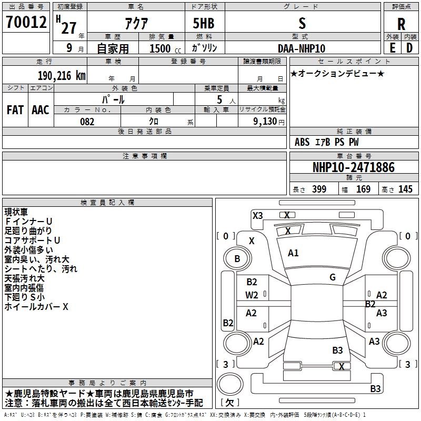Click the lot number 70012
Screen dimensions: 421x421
26,22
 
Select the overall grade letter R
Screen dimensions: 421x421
401,24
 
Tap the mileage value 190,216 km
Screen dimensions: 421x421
62,76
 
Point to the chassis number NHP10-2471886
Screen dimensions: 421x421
354,167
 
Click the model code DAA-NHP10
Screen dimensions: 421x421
302,48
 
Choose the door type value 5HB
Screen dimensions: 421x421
204,23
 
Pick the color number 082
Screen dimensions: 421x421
87,122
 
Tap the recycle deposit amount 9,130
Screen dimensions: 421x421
265,122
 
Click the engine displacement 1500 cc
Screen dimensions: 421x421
165,48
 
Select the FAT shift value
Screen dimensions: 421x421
15,110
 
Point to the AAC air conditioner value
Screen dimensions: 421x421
41,110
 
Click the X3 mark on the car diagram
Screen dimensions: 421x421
257,215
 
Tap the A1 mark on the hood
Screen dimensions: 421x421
293,253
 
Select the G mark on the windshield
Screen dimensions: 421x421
333,277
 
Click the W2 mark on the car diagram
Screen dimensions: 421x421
252,295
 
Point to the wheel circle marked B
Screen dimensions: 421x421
237,259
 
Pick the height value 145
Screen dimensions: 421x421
405,189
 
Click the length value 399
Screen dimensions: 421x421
319,189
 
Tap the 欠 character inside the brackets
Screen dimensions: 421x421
230,402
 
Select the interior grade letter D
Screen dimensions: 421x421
409,48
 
